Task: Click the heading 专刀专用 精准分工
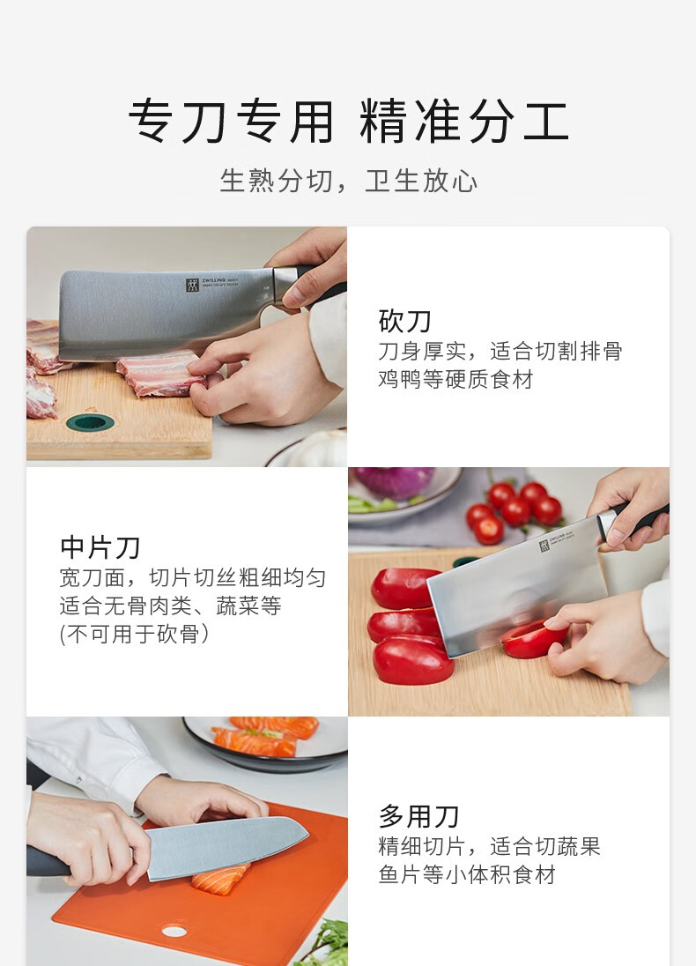[x=348, y=121]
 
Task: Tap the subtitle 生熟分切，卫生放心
[x=349, y=182]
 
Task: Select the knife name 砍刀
[x=404, y=321]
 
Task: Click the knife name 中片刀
[x=100, y=547]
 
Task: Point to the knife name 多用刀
[x=418, y=816]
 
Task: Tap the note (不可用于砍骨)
[x=134, y=634]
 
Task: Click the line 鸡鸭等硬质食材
[x=455, y=380]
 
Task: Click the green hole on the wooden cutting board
[x=90, y=423]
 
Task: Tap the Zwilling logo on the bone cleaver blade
[x=193, y=285]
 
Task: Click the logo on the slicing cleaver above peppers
[x=544, y=546]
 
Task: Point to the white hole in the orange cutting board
[x=174, y=930]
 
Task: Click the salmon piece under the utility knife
[x=220, y=879]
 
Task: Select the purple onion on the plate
[x=394, y=481]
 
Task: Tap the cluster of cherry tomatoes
[x=515, y=510]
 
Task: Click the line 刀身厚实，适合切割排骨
[x=500, y=351]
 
